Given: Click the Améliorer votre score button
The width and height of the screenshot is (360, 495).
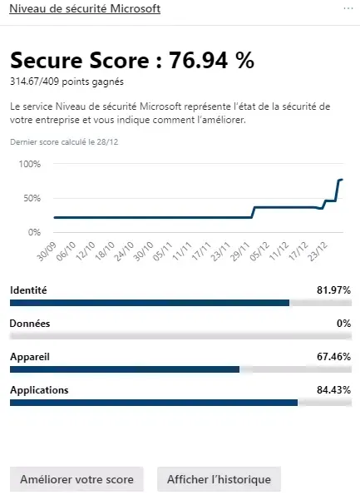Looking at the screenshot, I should pos(76,479).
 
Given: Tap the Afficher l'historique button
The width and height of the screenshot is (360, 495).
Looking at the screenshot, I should pos(219,479).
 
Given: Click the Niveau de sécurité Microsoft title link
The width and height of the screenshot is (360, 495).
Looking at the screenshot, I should pos(85,8).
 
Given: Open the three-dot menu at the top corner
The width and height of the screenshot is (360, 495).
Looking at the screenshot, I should pos(348,7).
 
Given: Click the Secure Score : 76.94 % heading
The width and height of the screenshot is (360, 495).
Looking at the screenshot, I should pos(132,60).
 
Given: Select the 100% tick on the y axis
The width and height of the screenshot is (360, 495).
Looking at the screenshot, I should pos(29,164).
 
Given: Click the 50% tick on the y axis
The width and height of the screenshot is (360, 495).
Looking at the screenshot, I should pos(31,198).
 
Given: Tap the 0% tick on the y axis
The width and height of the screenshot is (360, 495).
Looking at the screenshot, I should pos(33,231).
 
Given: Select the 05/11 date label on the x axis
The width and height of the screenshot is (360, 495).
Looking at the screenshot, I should pos(165,250).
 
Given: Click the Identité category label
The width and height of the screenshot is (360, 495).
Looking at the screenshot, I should pos(28,290).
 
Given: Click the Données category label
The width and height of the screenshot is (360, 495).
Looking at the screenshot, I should pos(29,323).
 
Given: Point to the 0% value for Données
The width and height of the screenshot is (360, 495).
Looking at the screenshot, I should pos(343,323).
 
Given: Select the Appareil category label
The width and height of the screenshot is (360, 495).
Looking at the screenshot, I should pos(30,356).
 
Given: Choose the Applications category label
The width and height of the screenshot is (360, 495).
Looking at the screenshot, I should pos(39,389).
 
